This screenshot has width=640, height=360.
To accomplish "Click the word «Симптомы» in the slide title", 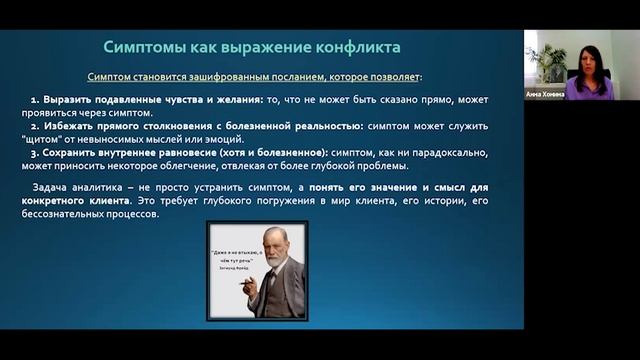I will tap(147, 47).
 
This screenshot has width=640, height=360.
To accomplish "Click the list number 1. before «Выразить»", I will tap(35, 101).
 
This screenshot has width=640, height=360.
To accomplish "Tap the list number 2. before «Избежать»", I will tap(35, 126).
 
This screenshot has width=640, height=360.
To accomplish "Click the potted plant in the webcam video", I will tap(547, 62).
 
